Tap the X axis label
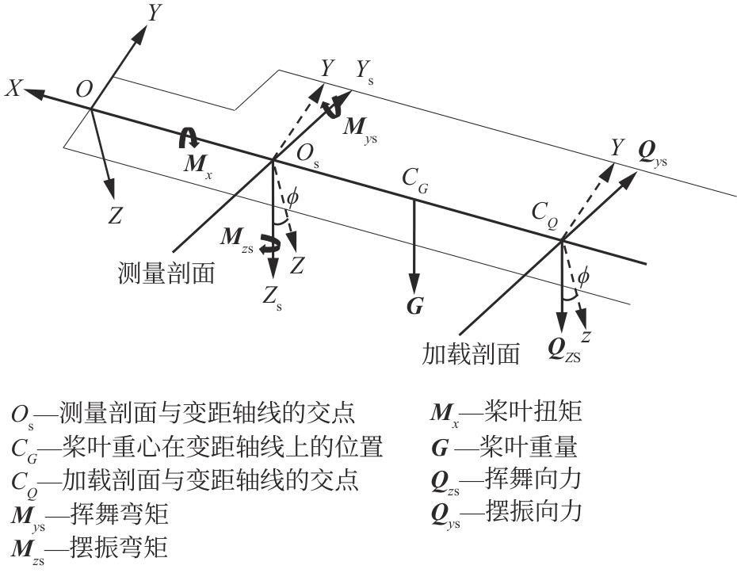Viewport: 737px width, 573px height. click(13, 89)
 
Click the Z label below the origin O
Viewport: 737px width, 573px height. click(116, 216)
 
